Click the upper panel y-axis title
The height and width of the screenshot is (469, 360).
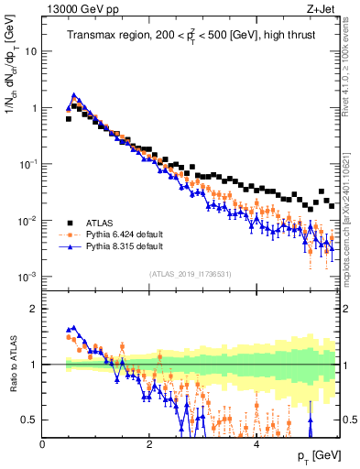tap(12, 87)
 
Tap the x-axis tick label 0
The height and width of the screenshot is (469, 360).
tap(42, 443)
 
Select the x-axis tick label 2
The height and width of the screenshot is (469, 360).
tap(149, 443)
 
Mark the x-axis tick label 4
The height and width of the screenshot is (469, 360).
tap(256, 443)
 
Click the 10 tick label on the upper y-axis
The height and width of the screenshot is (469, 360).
tap(30, 51)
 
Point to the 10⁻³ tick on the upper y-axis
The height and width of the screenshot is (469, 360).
tap(27, 277)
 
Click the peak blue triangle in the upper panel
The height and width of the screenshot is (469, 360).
tap(74, 94)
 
